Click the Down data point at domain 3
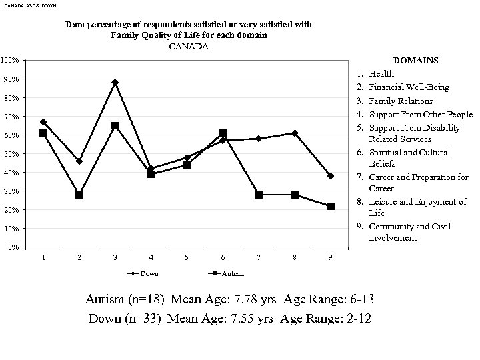[115, 83]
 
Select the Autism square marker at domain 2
[79, 195]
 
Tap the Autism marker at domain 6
[223, 133]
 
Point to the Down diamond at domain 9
[331, 176]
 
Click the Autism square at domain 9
[331, 206]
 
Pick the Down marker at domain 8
[295, 133]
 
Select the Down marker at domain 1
[43, 122]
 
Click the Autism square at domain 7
[259, 195]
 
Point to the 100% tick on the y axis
[9, 61]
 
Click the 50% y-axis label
[11, 154]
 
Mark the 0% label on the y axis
[13, 247]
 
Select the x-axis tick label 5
[187, 257]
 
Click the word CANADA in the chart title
[189, 47]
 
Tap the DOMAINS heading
[416, 61]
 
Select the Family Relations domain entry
[401, 101]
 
